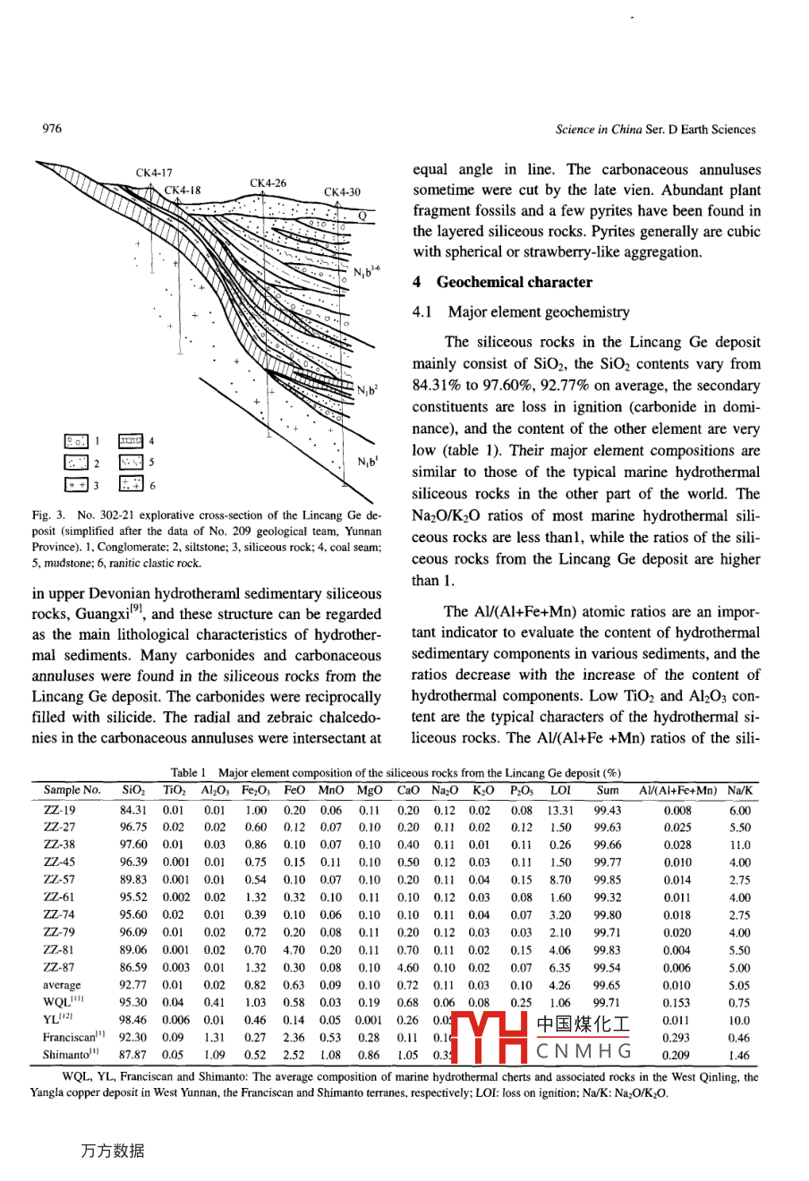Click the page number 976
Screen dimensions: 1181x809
point(52,129)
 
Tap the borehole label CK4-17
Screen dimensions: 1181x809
point(154,173)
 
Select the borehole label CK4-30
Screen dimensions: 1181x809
point(342,192)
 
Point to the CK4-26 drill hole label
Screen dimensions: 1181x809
point(268,183)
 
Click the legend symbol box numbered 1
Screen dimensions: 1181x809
point(76,441)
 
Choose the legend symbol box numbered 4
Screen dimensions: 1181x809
point(131,441)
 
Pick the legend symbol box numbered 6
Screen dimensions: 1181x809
point(131,484)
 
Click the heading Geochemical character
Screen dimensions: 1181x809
point(514,282)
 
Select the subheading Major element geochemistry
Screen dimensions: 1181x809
point(538,312)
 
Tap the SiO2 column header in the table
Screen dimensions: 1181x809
point(133,791)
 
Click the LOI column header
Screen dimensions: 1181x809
point(560,791)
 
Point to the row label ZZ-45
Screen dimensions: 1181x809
point(59,862)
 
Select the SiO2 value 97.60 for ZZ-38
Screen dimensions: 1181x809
point(133,845)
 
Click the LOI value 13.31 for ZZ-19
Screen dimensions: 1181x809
point(560,811)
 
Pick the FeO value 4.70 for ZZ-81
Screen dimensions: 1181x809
point(294,950)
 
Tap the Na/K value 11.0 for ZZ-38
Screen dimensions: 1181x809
point(739,845)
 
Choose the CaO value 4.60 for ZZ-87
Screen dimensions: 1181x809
point(408,968)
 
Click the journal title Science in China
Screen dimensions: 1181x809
point(599,130)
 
